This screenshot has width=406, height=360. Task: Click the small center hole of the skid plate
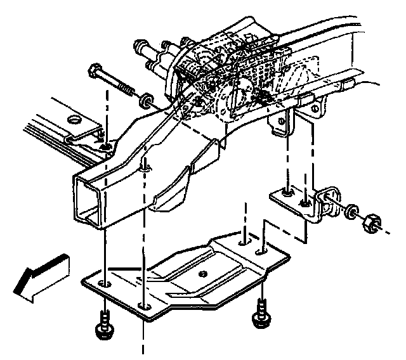tap(203, 273)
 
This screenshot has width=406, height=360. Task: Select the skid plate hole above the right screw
tap(261, 252)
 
